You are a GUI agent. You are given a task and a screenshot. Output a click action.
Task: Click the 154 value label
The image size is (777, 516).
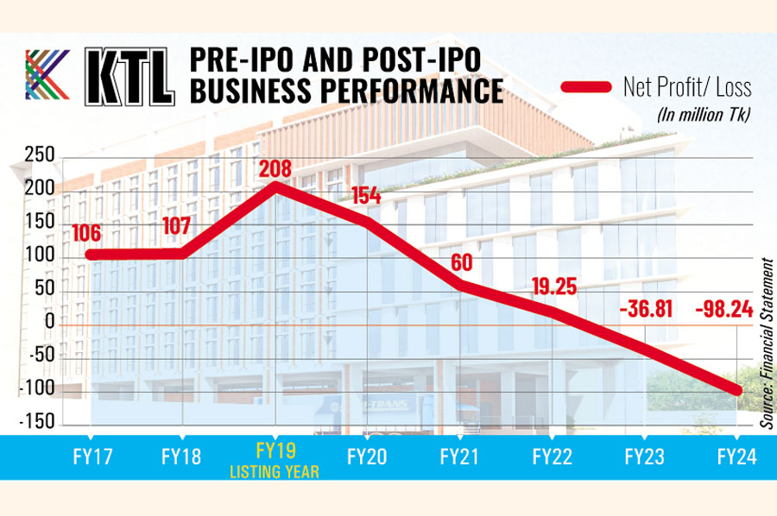(x=365, y=196)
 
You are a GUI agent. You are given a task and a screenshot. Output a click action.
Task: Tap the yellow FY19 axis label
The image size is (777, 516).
(x=275, y=450)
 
